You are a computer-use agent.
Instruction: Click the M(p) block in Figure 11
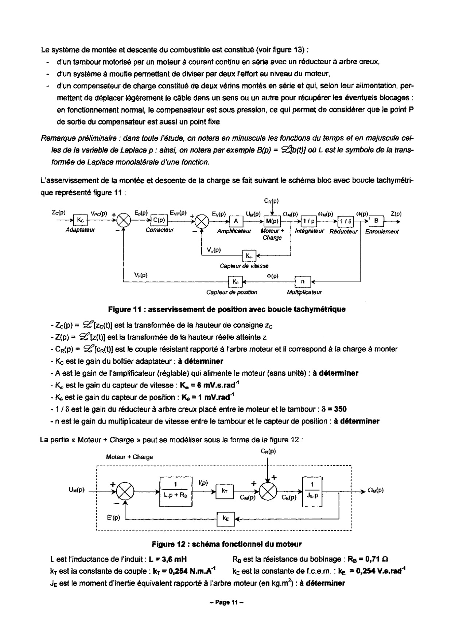pos(272,221)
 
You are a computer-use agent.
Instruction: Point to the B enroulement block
pos(376,221)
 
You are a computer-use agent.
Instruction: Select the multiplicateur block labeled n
pos(303,281)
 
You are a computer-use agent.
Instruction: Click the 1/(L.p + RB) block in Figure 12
pos(176,491)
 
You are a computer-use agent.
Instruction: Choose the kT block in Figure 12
pos(225,491)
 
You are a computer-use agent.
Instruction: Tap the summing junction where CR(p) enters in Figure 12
pos(268,491)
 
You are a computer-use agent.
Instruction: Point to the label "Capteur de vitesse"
pos(244,266)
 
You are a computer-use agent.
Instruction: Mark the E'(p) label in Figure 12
pos(113,517)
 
